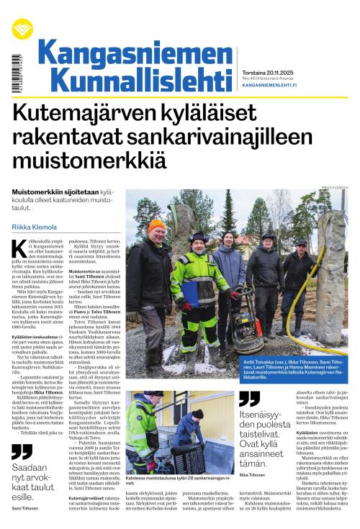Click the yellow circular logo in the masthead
[22, 30]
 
